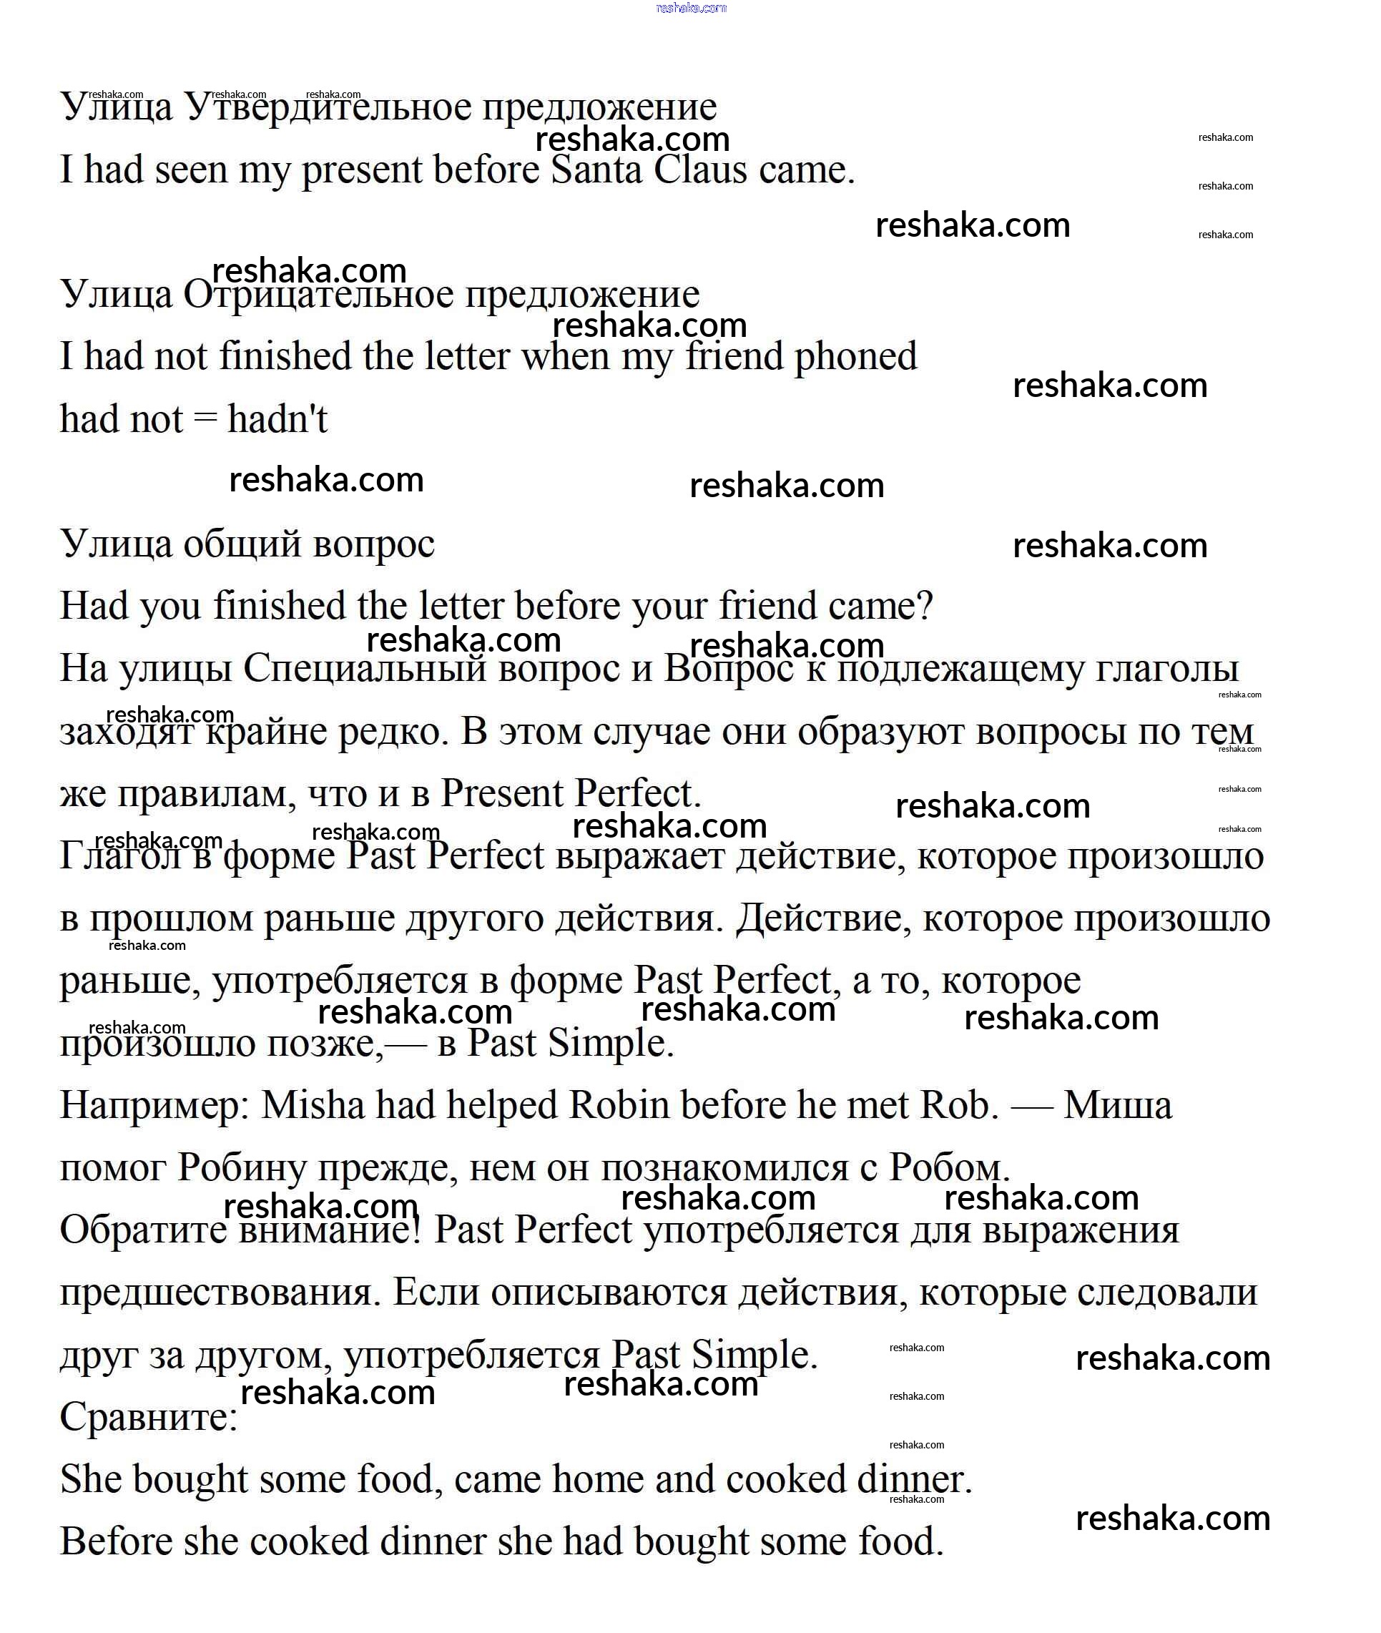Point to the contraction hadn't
(x=277, y=420)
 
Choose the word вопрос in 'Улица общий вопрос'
(x=373, y=545)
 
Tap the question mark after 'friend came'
(x=924, y=607)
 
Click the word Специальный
(x=365, y=670)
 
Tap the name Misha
(x=313, y=1105)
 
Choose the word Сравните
(x=148, y=1417)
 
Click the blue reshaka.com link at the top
(x=691, y=8)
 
